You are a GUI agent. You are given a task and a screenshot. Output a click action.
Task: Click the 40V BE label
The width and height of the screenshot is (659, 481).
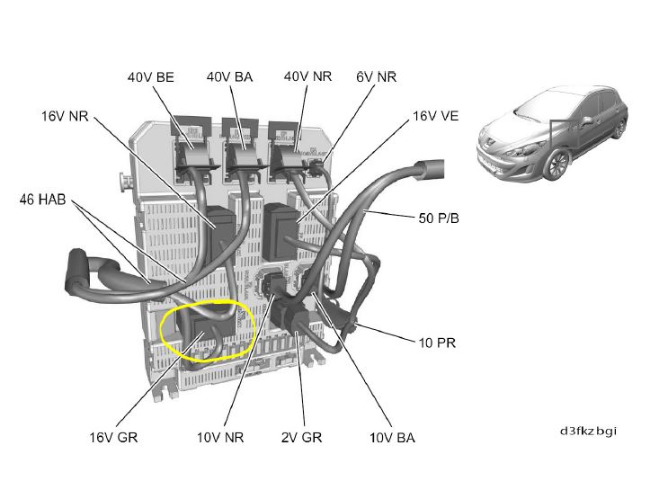click(150, 77)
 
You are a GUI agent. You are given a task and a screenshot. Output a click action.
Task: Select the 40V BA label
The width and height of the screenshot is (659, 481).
click(229, 77)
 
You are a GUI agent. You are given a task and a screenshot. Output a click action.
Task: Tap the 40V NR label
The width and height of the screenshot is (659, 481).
click(307, 76)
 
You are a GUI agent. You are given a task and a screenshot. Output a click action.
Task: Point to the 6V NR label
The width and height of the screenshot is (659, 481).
click(376, 76)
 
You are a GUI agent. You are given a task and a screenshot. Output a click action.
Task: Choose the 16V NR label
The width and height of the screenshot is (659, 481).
click(65, 116)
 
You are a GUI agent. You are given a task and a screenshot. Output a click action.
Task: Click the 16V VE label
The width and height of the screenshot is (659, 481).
click(435, 116)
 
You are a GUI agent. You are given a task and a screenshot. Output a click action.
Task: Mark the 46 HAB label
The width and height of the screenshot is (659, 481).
click(42, 200)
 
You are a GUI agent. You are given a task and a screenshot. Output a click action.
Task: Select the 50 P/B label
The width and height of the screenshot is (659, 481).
click(439, 218)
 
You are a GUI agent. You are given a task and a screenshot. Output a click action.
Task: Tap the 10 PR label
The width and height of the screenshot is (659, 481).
click(437, 343)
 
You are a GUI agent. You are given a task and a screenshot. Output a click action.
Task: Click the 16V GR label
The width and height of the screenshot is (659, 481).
click(113, 437)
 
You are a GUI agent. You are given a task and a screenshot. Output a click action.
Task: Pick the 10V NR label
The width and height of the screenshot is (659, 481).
click(220, 437)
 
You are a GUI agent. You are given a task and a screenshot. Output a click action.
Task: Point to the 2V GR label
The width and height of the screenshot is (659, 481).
click(301, 437)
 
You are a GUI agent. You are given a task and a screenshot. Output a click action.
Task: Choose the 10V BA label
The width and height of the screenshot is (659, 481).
click(392, 438)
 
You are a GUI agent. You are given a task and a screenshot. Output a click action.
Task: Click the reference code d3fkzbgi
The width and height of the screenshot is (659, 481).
click(588, 431)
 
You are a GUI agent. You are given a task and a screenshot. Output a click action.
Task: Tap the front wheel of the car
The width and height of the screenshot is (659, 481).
click(557, 165)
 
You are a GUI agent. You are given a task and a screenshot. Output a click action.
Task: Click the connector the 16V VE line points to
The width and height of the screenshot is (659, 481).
click(281, 231)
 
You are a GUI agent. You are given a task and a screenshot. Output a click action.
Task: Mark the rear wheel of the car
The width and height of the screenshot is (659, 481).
click(619, 129)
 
